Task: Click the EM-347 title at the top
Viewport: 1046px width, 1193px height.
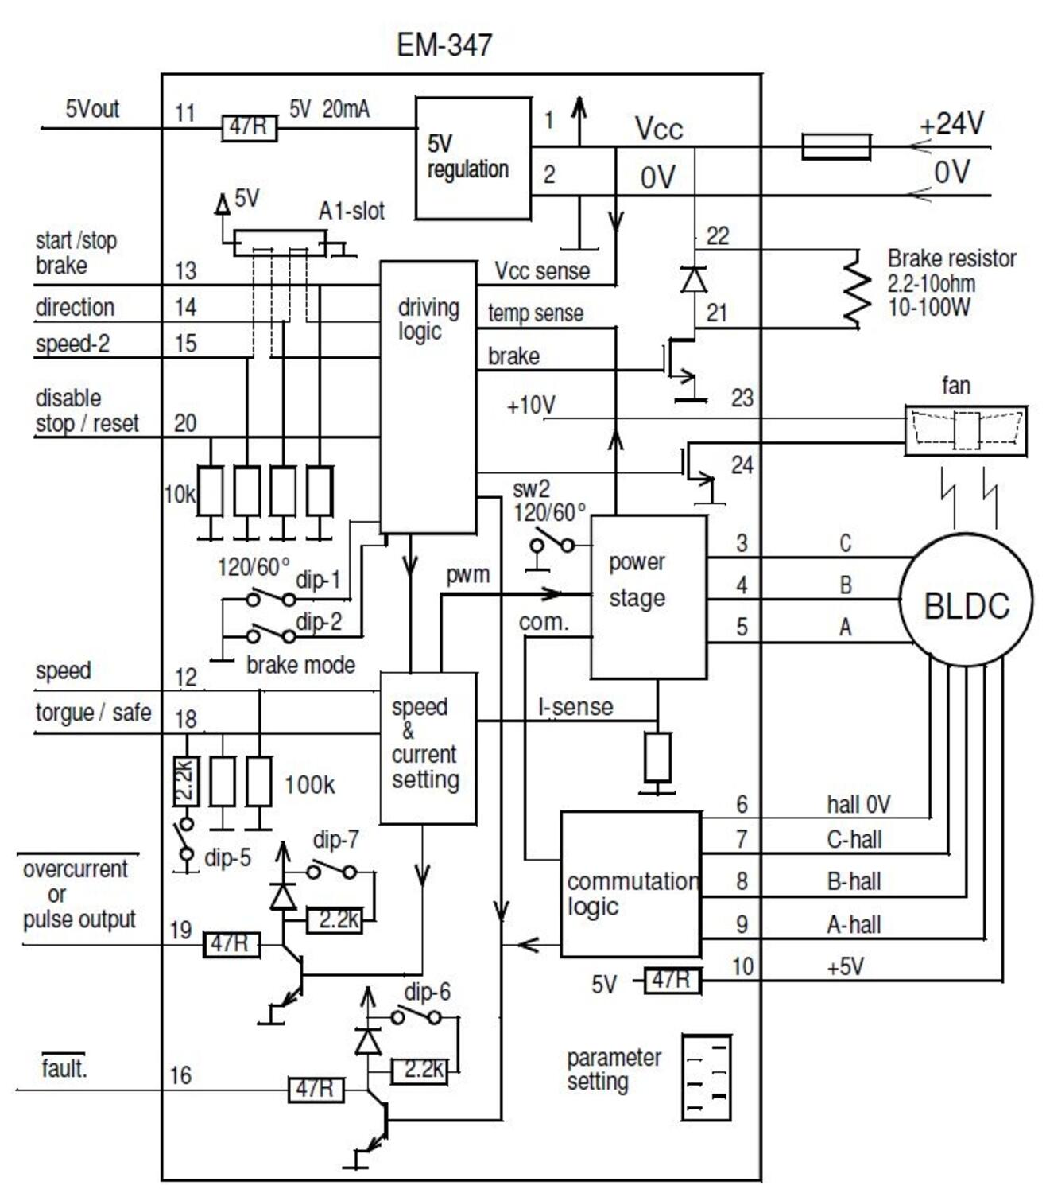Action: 444,45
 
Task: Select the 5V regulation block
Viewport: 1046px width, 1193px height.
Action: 473,158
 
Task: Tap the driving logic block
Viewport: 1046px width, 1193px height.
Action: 428,397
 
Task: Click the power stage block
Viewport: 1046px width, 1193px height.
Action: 648,596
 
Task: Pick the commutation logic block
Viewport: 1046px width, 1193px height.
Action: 631,884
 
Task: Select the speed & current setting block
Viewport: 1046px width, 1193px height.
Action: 428,748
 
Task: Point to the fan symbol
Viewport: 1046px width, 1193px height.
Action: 966,430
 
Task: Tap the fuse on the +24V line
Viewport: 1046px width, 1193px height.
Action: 836,147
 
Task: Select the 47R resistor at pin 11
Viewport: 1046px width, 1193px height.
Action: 249,127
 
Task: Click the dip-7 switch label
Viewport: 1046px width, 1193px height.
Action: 335,840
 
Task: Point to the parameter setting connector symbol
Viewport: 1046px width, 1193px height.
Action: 706,1078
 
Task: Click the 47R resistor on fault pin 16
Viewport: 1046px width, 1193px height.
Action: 316,1089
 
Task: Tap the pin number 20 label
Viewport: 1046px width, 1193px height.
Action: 185,422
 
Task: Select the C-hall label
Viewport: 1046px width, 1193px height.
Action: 854,840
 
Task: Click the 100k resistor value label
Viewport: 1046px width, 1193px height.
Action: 309,785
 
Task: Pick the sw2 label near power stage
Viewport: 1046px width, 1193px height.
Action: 531,488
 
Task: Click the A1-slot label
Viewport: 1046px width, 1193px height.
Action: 351,211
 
